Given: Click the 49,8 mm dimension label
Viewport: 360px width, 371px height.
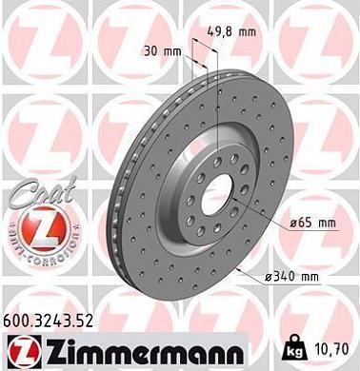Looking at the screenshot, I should click(x=234, y=31).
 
